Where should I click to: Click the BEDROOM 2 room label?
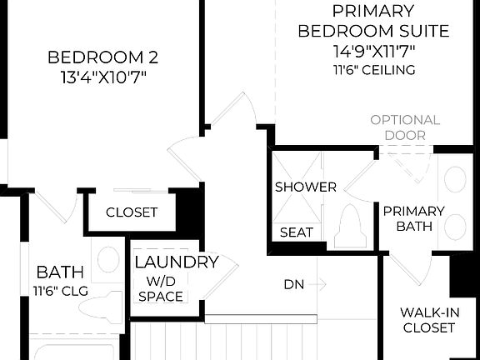click(x=102, y=57)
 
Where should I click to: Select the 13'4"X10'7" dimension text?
click(x=102, y=77)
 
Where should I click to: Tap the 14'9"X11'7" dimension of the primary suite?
click(x=373, y=52)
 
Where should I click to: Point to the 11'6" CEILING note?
click(x=373, y=70)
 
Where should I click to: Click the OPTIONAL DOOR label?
click(x=405, y=127)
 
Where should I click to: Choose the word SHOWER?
click(x=306, y=187)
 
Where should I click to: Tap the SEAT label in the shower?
click(x=295, y=232)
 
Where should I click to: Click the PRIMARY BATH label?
click(x=413, y=218)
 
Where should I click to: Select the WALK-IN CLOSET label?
click(x=427, y=320)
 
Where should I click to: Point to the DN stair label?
click(x=293, y=284)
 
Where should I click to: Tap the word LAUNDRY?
click(x=176, y=262)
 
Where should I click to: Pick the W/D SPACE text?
click(x=161, y=288)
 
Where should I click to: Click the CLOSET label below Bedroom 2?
click(x=132, y=212)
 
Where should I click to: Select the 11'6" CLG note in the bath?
click(x=59, y=291)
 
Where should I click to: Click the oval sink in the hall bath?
click(x=108, y=260)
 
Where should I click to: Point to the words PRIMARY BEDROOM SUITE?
click(x=373, y=22)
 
